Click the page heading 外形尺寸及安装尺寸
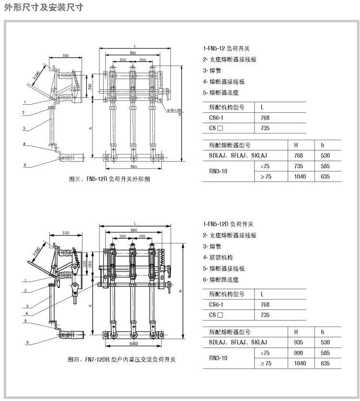44,7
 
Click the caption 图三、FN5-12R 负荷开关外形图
109,179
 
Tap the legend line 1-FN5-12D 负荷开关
228,224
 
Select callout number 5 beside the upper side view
23,165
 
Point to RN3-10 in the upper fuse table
218,172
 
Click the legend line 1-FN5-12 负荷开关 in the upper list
226,49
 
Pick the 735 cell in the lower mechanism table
264,315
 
